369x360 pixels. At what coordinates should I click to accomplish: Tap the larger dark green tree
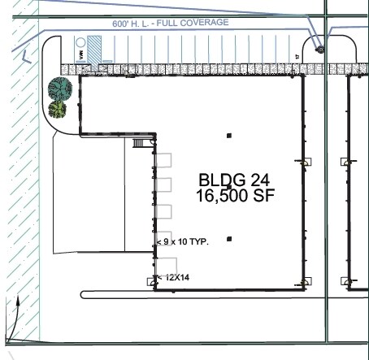pos(59,88)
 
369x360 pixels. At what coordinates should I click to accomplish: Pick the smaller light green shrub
pos(57,108)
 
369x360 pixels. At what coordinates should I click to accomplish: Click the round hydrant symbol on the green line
pos(320,50)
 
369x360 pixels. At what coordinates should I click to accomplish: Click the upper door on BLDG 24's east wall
pos(306,161)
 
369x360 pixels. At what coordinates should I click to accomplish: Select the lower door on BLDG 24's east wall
pos(306,281)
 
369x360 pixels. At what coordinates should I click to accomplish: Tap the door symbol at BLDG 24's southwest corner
pos(151,281)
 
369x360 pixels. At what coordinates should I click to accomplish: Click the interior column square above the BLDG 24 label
pos(229,135)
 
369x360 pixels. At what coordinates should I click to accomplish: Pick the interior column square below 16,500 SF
pos(229,239)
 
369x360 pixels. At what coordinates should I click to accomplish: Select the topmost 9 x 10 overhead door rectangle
pos(163,160)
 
